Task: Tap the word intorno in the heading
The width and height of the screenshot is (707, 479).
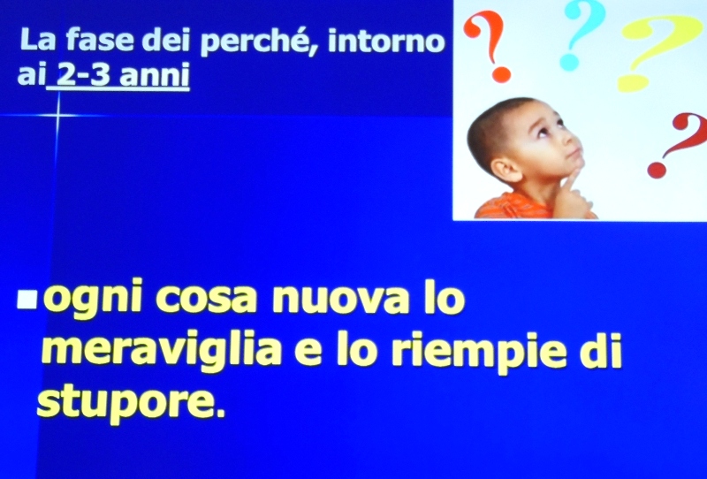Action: (x=386, y=40)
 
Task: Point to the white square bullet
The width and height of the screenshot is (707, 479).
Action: (x=27, y=299)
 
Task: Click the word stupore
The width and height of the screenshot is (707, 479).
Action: (x=130, y=403)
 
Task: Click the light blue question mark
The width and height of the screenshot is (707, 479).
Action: (x=581, y=34)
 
